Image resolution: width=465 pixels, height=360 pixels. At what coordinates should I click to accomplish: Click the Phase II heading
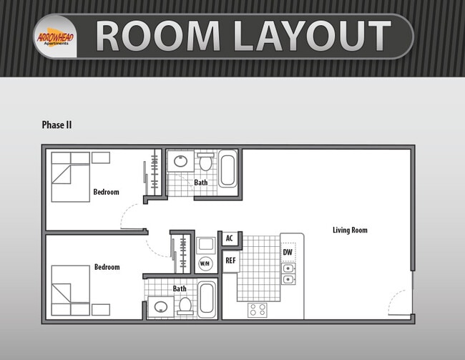57,125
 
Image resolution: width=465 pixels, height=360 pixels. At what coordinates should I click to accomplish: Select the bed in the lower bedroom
70,290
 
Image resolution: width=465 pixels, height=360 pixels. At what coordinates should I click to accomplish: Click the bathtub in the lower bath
207,298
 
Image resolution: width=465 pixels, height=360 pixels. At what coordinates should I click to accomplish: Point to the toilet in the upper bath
205,162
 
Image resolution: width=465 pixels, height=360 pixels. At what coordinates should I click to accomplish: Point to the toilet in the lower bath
185,306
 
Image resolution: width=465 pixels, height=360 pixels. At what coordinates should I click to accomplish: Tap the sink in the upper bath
180,161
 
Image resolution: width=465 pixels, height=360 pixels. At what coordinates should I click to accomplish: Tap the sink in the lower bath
160,307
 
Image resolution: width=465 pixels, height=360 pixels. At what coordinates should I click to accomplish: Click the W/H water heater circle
205,263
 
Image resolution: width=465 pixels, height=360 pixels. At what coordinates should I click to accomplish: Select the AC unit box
230,238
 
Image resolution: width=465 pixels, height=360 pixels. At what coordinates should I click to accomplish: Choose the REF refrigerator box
230,261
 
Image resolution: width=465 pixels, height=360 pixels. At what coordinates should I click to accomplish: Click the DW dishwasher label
288,253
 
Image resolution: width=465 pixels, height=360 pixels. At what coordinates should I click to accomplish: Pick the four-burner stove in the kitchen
258,310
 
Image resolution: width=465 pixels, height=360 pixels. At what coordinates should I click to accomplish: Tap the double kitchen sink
288,273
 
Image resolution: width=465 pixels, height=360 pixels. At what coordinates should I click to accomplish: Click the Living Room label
350,230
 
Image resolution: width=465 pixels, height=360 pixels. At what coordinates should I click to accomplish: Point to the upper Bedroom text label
106,192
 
